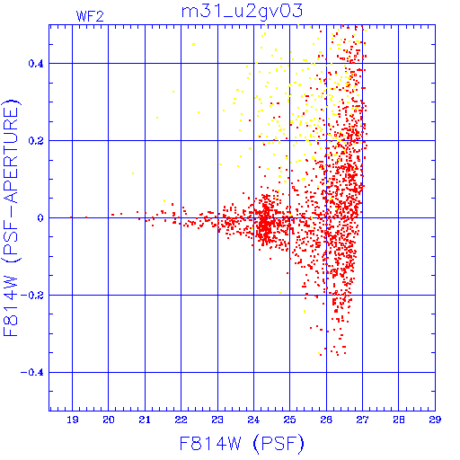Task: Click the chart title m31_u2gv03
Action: (x=242, y=12)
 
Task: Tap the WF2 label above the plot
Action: (x=90, y=16)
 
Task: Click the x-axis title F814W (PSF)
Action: (x=242, y=444)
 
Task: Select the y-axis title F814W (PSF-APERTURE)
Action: (x=12, y=217)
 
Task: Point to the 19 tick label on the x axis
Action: (x=73, y=420)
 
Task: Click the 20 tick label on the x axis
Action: (x=109, y=420)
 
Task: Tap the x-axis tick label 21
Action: (x=145, y=420)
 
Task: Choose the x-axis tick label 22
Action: (x=181, y=420)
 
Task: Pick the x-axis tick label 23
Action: (x=217, y=420)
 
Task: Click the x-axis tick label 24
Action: (x=253, y=420)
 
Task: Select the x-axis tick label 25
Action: (x=290, y=420)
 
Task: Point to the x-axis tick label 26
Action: (x=326, y=420)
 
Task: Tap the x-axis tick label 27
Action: (x=362, y=420)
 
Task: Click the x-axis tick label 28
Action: (x=399, y=420)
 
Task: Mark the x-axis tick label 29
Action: (x=435, y=420)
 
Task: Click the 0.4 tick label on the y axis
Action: (x=36, y=64)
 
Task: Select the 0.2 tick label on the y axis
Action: (x=36, y=141)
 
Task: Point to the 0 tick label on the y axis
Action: (x=40, y=218)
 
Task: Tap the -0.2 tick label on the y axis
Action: (x=32, y=296)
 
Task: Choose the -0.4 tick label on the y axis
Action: (x=32, y=373)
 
